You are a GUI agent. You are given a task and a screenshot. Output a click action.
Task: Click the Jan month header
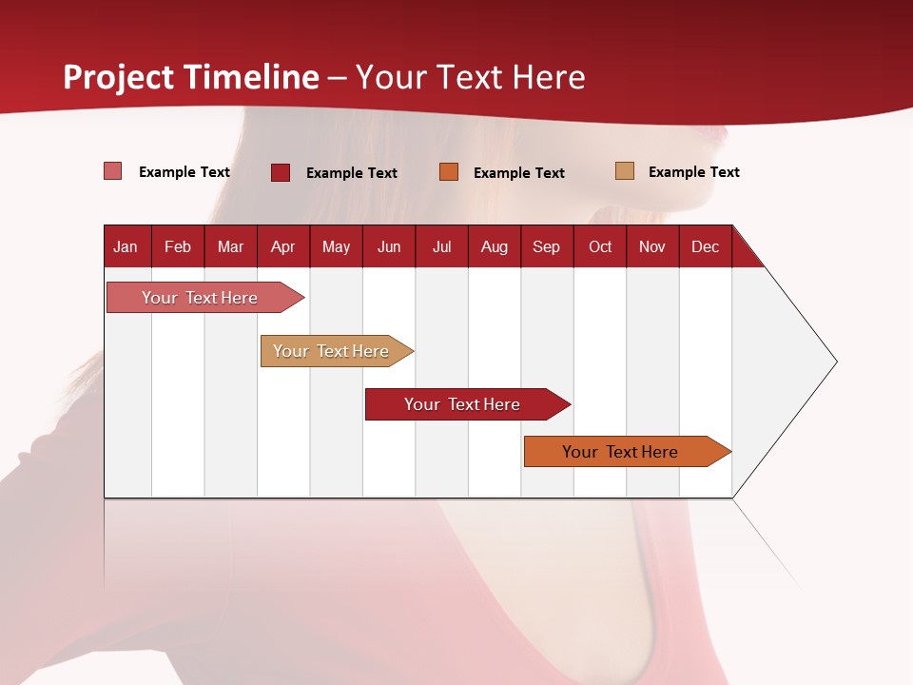[x=126, y=247]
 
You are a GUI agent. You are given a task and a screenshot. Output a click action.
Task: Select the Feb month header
[x=178, y=247]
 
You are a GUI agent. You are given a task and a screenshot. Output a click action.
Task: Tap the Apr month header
[x=283, y=247]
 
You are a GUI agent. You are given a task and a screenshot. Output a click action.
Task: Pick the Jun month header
[x=389, y=247]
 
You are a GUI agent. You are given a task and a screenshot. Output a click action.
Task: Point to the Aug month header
[x=495, y=247]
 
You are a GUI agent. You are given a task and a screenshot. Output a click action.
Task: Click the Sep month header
[x=547, y=247]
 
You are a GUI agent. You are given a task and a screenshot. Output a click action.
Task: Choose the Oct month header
[x=600, y=247]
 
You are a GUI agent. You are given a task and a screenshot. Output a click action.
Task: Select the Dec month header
[x=706, y=247]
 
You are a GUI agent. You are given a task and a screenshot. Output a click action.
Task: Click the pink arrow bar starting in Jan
[x=201, y=298]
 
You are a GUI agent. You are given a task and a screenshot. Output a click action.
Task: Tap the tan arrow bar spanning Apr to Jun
[x=332, y=351]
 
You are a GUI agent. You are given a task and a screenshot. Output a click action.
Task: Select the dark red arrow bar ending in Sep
[x=463, y=404]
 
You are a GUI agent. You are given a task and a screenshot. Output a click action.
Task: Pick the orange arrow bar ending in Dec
[x=622, y=452]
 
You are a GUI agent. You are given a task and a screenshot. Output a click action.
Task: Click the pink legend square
[x=113, y=171]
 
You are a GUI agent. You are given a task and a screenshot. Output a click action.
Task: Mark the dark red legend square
[x=281, y=172]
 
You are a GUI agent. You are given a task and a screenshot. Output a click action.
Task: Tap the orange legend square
[x=449, y=172]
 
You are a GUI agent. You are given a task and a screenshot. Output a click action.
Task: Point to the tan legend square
[x=625, y=171]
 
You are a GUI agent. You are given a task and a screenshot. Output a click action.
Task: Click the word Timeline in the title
[x=251, y=77]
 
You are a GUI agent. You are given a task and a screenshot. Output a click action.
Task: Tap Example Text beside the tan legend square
[x=693, y=172]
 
